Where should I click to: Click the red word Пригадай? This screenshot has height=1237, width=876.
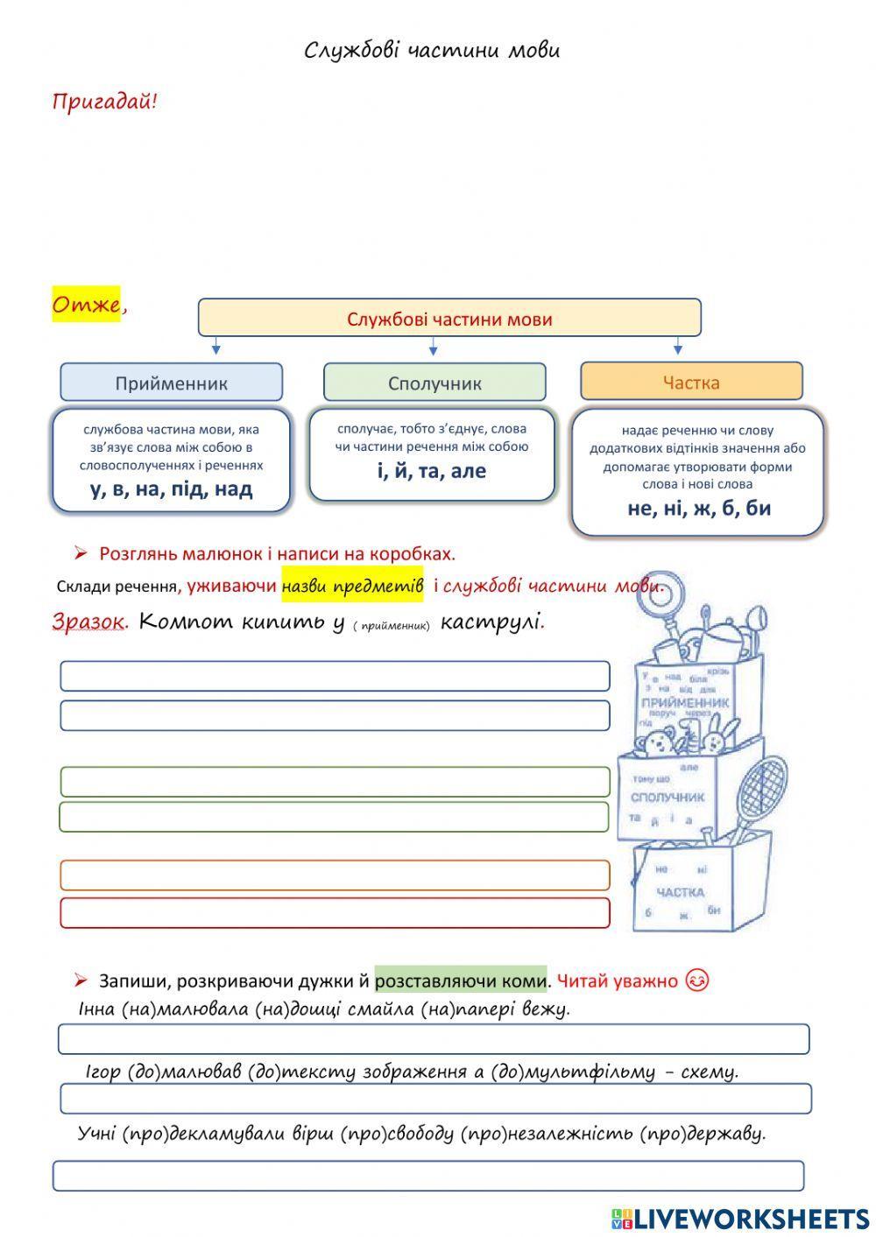[104, 102]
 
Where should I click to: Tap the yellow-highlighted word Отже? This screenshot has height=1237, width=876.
[86, 305]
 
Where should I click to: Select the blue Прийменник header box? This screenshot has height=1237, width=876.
[171, 383]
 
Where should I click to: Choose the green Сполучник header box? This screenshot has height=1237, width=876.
[434, 383]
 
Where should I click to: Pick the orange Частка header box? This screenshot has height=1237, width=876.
[691, 382]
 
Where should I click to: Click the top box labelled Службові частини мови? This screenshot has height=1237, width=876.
[449, 318]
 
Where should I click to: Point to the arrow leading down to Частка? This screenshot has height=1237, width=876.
[677, 348]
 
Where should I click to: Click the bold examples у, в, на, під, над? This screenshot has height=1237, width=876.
[171, 488]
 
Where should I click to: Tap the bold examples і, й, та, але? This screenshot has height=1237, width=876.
[432, 471]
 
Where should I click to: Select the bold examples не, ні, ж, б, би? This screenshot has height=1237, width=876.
[698, 508]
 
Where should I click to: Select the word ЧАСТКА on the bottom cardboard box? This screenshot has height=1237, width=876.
[680, 892]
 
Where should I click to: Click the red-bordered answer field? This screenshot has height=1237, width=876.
[335, 912]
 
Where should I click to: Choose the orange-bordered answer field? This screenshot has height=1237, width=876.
[335, 875]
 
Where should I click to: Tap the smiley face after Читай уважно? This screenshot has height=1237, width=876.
[696, 980]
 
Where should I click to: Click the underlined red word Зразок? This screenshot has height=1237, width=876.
[88, 622]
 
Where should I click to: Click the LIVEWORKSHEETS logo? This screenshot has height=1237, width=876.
[740, 1218]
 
